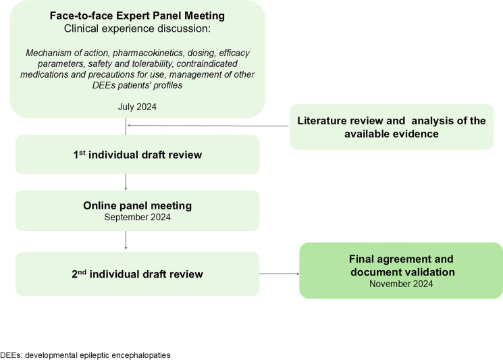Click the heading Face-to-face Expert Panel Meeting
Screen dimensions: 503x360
tap(137, 16)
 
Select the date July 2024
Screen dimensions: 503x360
tap(137, 107)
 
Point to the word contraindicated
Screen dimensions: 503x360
tap(207, 63)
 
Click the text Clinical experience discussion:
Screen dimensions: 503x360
tap(137, 28)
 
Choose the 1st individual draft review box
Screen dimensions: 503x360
tap(137, 154)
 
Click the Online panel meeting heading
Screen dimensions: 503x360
tap(137, 205)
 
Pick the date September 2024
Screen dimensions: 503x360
tap(137, 217)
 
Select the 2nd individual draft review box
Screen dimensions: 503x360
tap(137, 274)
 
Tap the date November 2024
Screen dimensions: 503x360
tap(401, 284)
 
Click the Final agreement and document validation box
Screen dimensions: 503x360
tap(401, 270)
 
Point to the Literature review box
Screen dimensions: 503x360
tap(392, 127)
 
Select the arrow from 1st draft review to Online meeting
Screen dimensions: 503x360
tap(126, 182)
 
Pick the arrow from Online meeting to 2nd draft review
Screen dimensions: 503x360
tap(126, 240)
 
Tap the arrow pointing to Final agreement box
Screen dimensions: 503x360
tap(280, 274)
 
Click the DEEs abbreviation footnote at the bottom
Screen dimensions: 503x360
tap(85, 355)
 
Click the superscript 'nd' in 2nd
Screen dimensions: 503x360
tap(82, 272)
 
